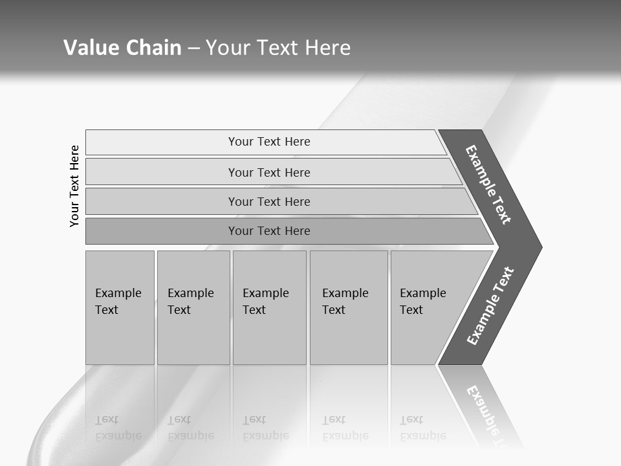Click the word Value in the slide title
pos(90,48)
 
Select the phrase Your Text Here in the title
pos(278,48)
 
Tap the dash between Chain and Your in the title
pos(193,49)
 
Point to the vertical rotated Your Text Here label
pos(74,186)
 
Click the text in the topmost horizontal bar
pos(269,142)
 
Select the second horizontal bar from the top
pos(269,172)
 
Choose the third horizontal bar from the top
pos(269,201)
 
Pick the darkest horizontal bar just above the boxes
pos(269,231)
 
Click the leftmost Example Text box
pos(120,302)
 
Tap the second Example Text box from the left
pos(193,302)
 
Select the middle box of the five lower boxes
pos(268,302)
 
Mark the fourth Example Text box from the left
pos(348,302)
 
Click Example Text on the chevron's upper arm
pos(488,184)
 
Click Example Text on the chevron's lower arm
pos(490,305)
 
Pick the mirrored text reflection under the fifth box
pos(422,428)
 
